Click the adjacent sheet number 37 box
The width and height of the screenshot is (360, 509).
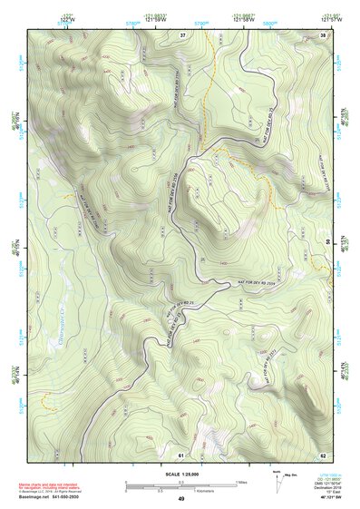[182, 34]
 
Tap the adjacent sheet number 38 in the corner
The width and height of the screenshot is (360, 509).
[324, 34]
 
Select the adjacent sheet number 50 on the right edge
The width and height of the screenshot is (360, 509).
[326, 241]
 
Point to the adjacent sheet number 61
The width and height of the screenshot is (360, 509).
[181, 455]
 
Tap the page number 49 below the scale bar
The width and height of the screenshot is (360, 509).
[181, 499]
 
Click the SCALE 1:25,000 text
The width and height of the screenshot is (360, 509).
[181, 473]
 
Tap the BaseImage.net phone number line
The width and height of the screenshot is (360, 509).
[54, 495]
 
